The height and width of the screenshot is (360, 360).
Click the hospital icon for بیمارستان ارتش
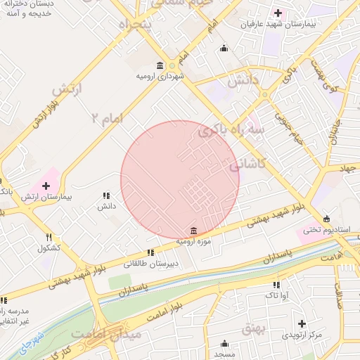coord(46,186)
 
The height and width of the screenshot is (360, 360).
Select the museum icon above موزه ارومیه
coord(193,231)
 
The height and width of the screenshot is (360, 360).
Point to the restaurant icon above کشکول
coord(49,238)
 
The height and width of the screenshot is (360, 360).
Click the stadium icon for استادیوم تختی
coord(326,218)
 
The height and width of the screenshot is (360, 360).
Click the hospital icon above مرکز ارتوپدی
coord(302,323)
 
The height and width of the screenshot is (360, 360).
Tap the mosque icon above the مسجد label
coord(224,343)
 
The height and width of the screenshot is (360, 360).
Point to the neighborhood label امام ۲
coord(107,117)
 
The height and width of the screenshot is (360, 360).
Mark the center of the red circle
coord(180,180)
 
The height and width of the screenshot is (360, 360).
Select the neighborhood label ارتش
coord(67,89)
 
